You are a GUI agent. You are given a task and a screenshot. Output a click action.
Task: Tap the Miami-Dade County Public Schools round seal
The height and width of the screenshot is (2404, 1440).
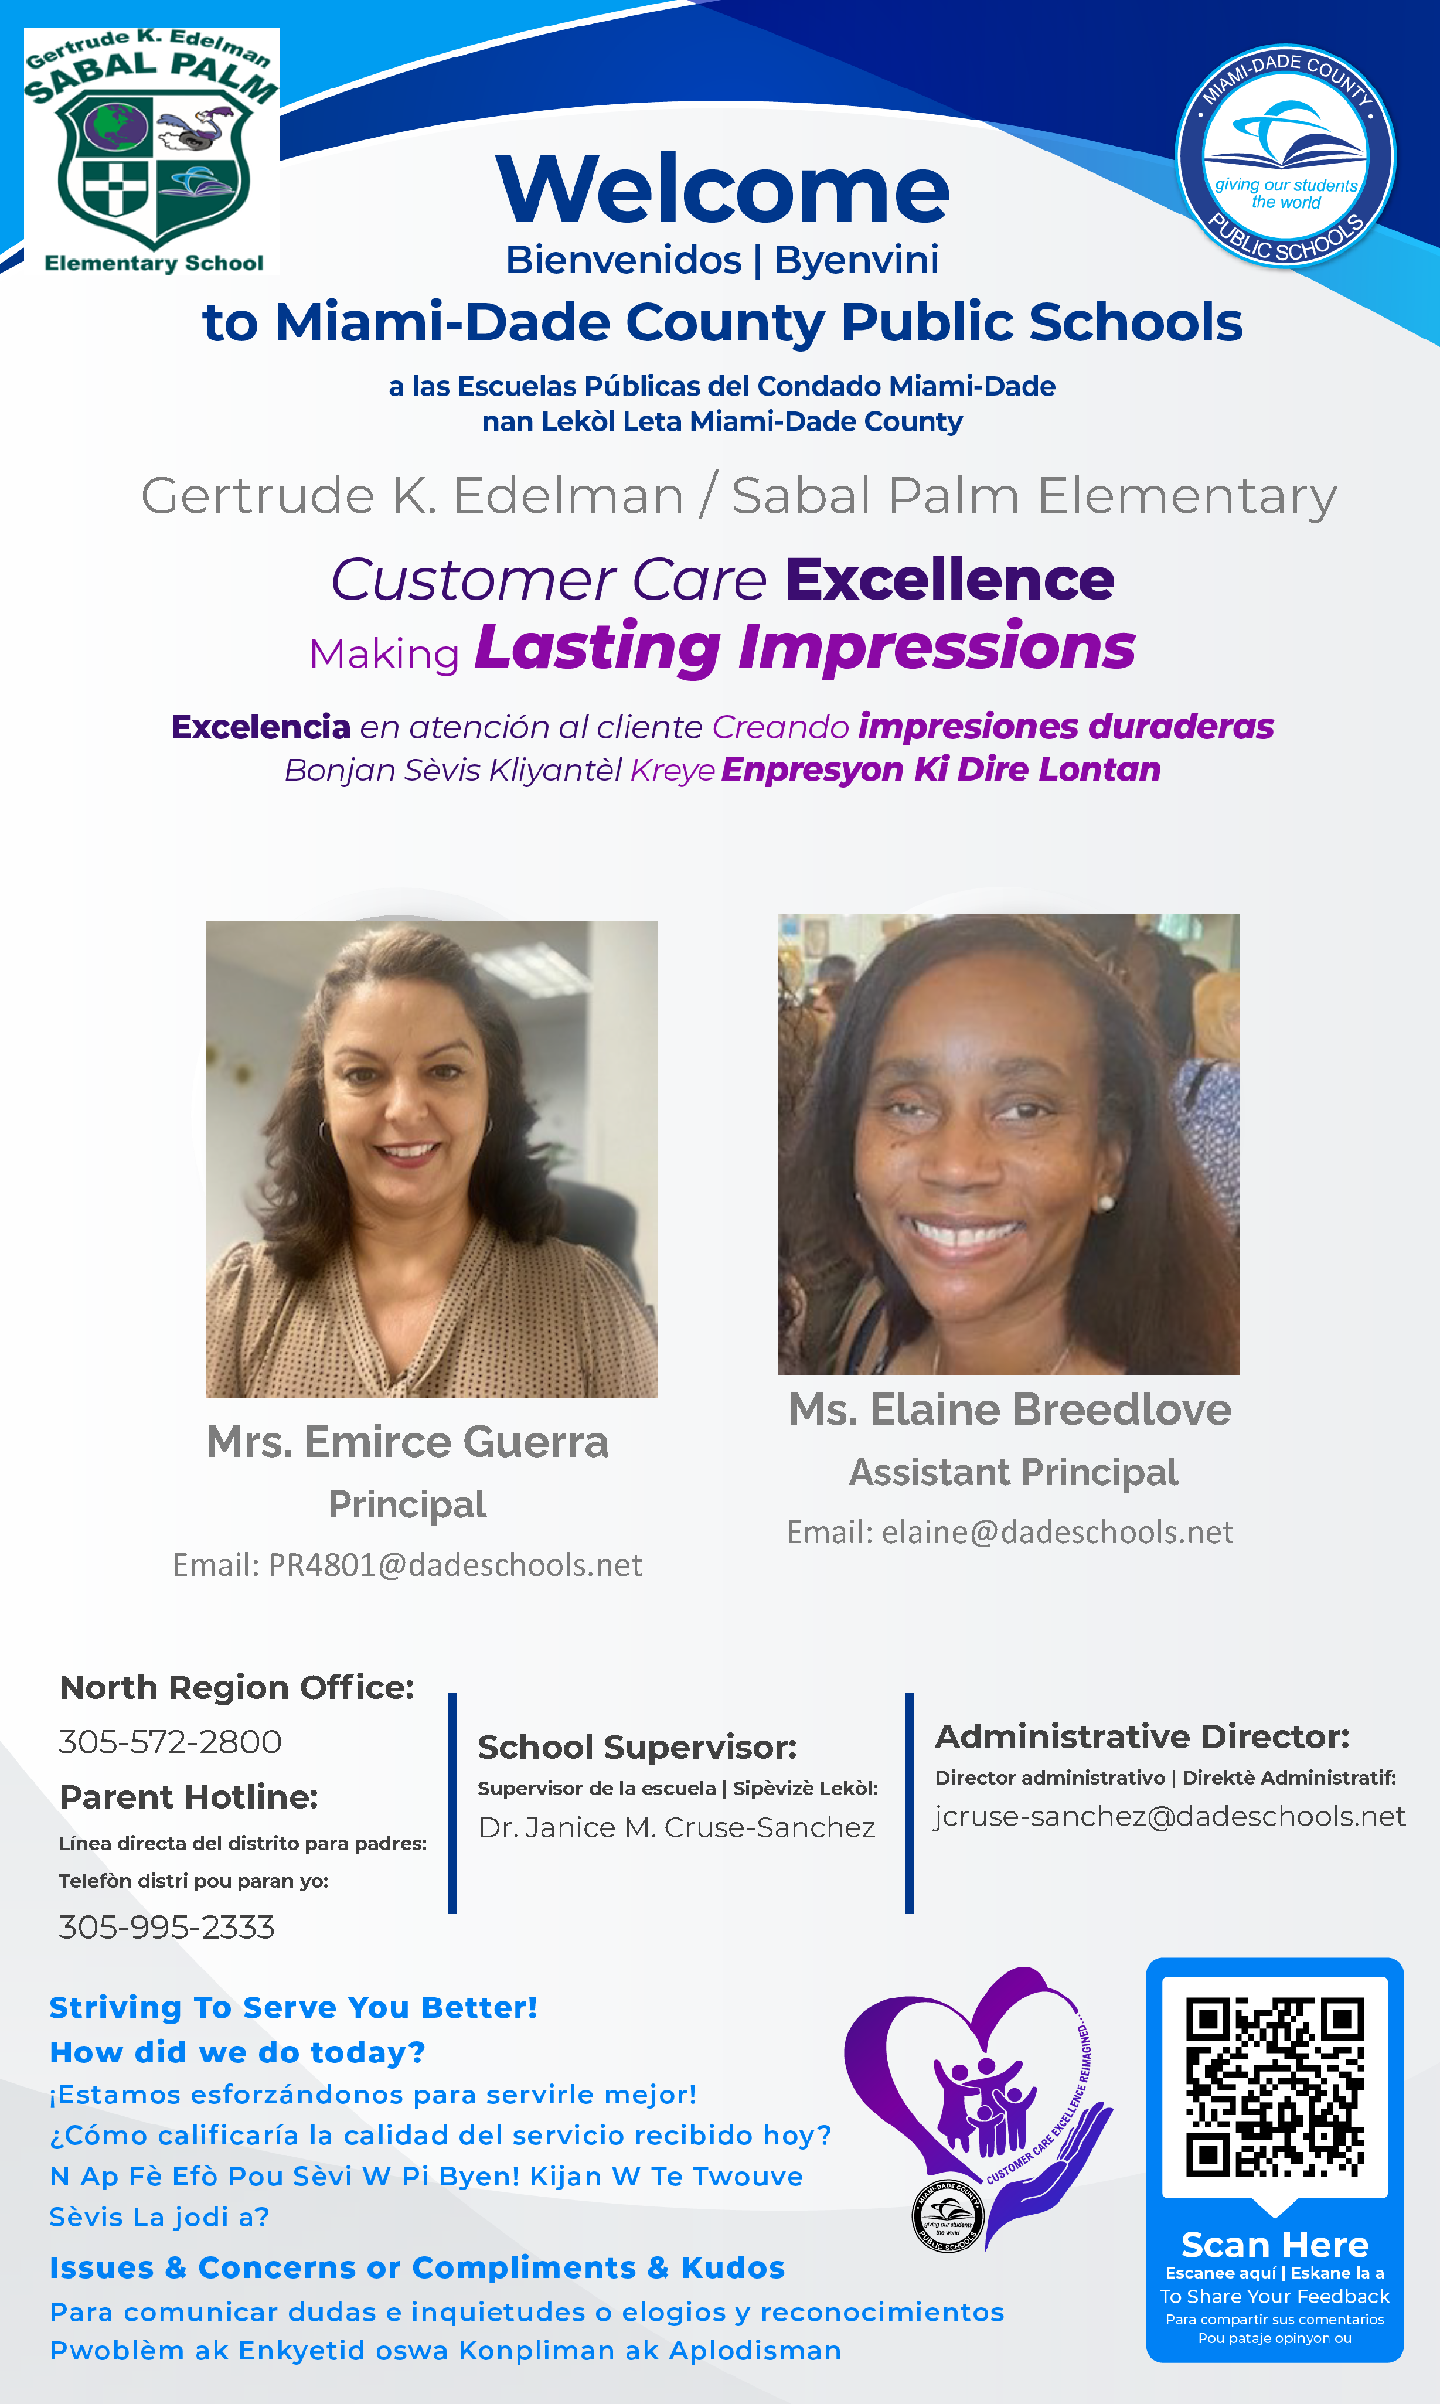click(x=1286, y=155)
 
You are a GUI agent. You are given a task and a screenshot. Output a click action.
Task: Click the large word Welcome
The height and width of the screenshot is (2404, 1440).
click(x=722, y=189)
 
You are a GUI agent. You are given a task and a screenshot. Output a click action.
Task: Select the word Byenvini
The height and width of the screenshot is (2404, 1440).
click(x=856, y=260)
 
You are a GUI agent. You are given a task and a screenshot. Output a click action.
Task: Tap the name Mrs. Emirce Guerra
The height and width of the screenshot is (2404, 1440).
click(x=407, y=1442)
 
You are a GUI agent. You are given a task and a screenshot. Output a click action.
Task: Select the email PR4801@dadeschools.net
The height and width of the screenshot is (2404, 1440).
click(x=455, y=1565)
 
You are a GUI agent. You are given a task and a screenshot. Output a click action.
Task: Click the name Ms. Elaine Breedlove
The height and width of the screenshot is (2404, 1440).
click(x=1010, y=1409)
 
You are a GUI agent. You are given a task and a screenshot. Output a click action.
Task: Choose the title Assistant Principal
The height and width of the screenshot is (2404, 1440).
click(x=1013, y=1473)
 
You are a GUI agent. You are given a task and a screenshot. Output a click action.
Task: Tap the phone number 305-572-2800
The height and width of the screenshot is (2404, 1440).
click(x=170, y=1742)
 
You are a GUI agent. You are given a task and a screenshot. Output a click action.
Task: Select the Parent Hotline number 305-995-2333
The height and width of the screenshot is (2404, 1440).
click(x=166, y=1928)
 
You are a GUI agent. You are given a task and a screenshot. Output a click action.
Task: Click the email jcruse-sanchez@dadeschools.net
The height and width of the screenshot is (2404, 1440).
click(x=1169, y=1816)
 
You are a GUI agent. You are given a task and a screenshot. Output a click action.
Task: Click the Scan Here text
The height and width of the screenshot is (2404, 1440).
click(x=1275, y=2245)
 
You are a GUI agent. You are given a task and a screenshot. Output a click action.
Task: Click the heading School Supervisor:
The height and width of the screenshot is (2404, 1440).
click(x=638, y=1747)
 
